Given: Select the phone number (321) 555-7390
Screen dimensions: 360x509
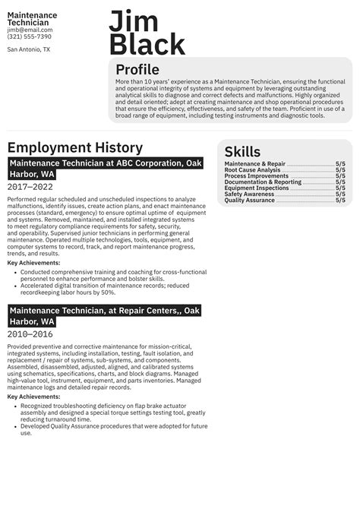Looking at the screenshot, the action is [x=30, y=36].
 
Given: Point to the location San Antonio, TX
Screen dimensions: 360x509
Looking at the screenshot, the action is [x=29, y=49].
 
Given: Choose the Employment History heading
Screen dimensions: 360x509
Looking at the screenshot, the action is [x=74, y=147].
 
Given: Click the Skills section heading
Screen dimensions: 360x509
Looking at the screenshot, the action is [x=242, y=152].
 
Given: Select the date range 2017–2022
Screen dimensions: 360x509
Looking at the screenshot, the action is [x=30, y=187].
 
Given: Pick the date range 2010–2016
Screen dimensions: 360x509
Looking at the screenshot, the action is [x=30, y=334].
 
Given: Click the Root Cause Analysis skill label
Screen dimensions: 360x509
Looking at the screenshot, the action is [x=252, y=170].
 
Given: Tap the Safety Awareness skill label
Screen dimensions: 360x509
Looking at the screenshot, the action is [x=249, y=194].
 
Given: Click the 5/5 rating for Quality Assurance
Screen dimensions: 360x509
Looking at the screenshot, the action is [x=340, y=201].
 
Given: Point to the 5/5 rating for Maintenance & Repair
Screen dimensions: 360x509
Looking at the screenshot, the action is [x=340, y=164].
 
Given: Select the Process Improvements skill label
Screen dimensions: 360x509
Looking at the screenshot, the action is [x=257, y=176].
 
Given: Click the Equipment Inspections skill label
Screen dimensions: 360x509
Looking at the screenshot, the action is [x=256, y=188].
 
